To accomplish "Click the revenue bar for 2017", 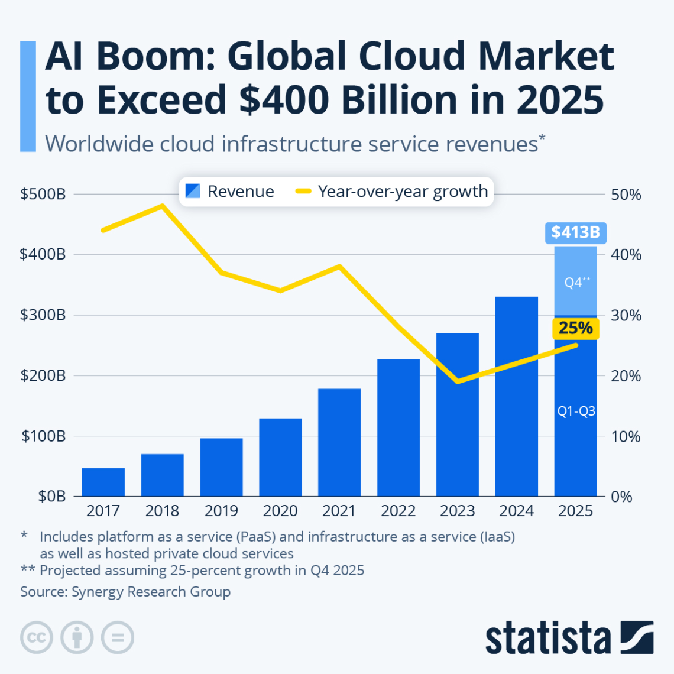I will [103, 482].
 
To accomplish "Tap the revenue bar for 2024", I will [517, 396].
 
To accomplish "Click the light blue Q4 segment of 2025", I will [576, 281].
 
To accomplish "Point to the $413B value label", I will [575, 232].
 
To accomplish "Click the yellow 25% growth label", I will [575, 328].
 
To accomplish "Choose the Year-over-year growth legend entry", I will [393, 192].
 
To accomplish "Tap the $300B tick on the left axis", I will [43, 315].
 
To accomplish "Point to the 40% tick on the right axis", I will [626, 255].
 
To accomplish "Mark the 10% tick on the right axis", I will [626, 436].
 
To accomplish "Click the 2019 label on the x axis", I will [221, 511].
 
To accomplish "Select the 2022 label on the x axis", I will [398, 511].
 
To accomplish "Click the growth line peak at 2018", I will [163, 206].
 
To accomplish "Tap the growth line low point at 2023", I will [458, 381].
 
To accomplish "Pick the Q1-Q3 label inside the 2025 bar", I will [576, 411].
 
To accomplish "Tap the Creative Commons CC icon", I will [37, 638].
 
